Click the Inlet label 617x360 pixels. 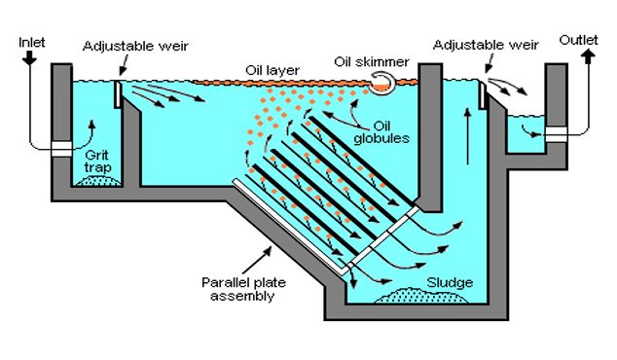(32, 43)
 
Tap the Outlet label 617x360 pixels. (578, 40)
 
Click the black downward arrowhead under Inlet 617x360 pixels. (29, 58)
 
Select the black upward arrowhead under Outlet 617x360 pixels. (588, 57)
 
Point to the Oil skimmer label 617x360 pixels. (372, 61)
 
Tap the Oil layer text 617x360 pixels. (272, 70)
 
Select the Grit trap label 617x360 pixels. (97, 162)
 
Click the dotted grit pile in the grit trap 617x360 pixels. (97, 181)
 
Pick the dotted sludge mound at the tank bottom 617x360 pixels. (420, 296)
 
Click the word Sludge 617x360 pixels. (450, 282)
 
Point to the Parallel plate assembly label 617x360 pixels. (243, 289)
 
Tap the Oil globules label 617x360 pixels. (381, 132)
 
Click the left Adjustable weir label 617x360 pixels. (135, 46)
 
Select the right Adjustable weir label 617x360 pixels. (486, 45)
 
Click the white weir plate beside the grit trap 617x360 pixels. (117, 94)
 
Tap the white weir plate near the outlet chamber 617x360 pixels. (482, 94)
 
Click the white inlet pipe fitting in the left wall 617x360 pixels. (61, 149)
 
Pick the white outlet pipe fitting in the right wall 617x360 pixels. (557, 134)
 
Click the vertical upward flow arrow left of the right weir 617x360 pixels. (467, 136)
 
